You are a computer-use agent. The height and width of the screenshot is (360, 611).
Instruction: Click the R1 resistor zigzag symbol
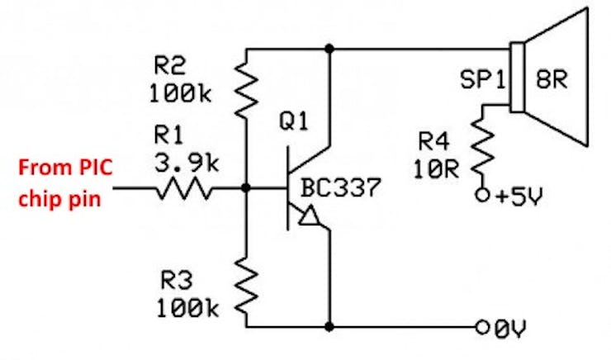coord(184,188)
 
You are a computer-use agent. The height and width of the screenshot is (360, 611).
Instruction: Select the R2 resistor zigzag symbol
coord(246,91)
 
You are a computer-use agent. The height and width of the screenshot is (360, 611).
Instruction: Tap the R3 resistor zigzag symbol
coord(246,286)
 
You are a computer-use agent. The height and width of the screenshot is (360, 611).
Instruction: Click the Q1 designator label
coord(294,121)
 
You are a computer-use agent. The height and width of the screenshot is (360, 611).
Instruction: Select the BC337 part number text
coord(340,187)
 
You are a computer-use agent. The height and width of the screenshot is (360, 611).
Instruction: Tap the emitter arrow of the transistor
coord(309,216)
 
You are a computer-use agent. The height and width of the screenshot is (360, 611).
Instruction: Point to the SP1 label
coord(482,79)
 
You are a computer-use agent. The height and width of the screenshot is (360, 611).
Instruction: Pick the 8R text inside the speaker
coord(552,79)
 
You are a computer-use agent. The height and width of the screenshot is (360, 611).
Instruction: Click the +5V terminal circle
coord(482,195)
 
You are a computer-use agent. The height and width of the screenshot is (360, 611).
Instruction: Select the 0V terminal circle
coord(482,328)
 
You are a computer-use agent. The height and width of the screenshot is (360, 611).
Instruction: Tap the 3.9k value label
coord(187,163)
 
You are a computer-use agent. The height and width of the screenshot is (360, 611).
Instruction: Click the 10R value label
coord(436,169)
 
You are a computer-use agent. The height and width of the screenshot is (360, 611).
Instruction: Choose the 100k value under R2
coord(180,93)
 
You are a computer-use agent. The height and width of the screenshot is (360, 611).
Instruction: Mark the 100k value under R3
coord(187,308)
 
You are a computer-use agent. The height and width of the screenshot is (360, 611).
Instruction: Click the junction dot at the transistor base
coord(245,188)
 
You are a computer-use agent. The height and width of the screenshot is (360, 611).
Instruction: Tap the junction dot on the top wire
coord(329,49)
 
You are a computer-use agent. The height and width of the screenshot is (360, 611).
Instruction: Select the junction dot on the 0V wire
coord(329,327)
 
